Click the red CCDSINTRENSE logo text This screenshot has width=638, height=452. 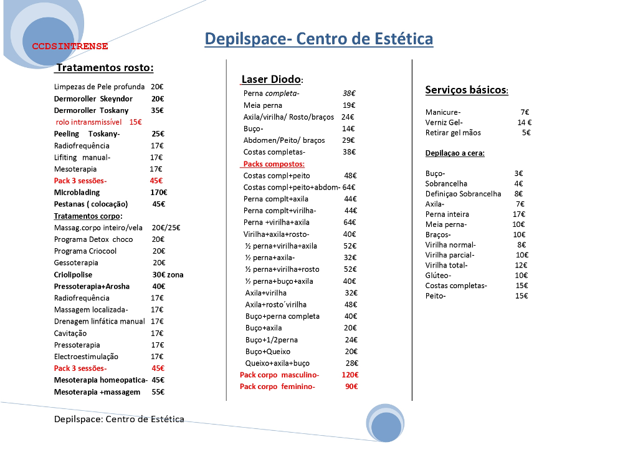70,46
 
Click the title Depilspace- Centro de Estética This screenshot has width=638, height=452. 318,39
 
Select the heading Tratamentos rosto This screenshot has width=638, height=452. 105,67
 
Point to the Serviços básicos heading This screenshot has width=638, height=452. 466,90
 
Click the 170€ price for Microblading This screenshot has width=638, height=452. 158,192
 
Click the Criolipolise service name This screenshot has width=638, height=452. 73,274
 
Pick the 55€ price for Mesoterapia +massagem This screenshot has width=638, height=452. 158,392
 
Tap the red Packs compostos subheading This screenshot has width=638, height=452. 274,164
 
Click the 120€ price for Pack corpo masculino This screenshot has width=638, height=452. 350,375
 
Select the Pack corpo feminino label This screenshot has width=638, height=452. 277,387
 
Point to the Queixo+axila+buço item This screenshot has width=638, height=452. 277,363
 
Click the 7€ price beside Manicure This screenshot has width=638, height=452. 525,112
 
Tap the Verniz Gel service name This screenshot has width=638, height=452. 444,122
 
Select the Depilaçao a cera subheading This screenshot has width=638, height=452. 455,153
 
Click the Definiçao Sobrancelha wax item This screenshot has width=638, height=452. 463,194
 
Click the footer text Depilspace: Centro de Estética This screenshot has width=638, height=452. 119,419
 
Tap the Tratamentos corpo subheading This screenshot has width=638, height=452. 88,216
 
